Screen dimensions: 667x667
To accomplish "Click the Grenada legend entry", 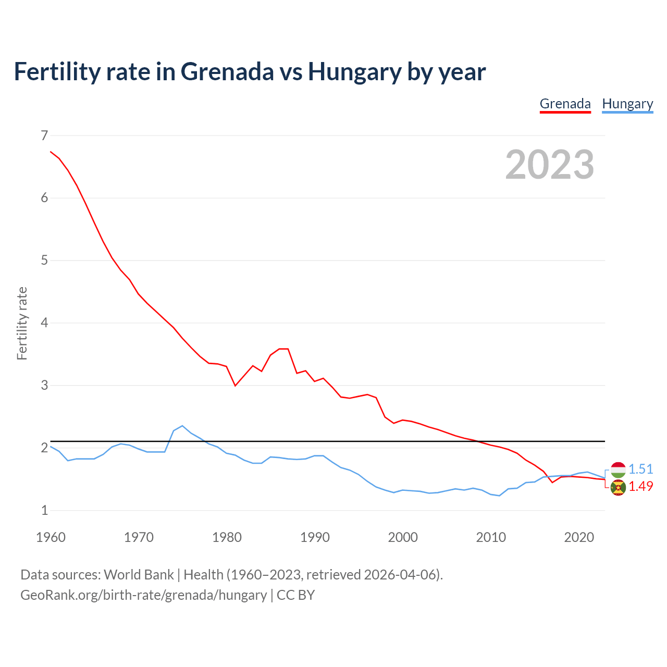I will (565, 104).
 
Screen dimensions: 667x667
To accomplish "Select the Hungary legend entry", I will (627, 104).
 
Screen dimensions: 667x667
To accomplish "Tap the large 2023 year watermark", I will (550, 165).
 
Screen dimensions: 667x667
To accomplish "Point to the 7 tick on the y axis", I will (44, 135).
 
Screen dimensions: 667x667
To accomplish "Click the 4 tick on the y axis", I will (44, 323).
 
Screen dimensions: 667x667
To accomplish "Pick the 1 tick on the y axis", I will (44, 511).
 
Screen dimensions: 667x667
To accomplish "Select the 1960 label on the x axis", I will (51, 537).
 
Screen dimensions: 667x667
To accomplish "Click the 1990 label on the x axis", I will (315, 537).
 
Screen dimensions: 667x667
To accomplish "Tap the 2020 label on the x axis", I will (579, 537).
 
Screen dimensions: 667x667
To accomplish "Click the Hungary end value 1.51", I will (640, 469).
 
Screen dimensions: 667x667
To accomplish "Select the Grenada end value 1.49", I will (640, 486).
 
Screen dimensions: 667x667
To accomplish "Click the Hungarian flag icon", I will (618, 470).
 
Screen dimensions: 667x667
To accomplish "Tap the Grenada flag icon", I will (618, 488).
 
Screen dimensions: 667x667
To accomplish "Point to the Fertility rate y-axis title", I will (22, 323).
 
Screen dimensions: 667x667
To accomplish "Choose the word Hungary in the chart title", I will (355, 71).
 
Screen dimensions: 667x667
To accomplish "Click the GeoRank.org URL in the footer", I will (143, 595).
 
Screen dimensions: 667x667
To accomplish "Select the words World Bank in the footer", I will (139, 574).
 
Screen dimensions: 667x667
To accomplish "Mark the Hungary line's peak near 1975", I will (182, 426).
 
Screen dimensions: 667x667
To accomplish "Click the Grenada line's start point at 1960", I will (51, 152).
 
